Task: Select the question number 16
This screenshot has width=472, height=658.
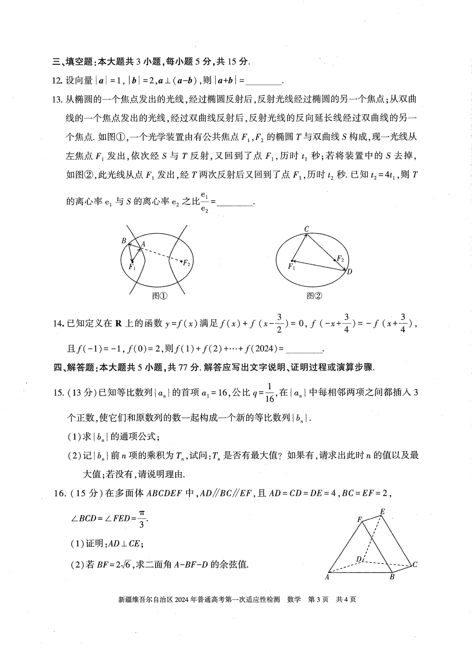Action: click(x=59, y=494)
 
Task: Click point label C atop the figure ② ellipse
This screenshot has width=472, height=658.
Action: click(x=306, y=229)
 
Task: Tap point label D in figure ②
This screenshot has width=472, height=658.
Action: click(x=350, y=271)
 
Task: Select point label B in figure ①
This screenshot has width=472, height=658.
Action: click(x=124, y=241)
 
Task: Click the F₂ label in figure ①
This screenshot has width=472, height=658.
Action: click(x=187, y=264)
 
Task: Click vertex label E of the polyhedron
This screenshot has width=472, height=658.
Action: click(x=382, y=511)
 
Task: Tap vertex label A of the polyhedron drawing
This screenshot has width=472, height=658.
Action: click(x=326, y=577)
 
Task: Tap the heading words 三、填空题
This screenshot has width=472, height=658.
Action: click(x=73, y=62)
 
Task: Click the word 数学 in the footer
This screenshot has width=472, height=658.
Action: click(x=294, y=600)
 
